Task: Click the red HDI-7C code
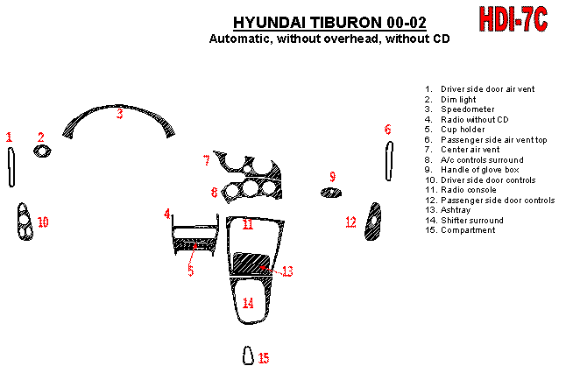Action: pos(513,19)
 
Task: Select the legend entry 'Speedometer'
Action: pos(467,109)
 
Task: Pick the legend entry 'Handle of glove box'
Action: pos(480,170)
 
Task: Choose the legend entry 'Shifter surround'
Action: pos(472,221)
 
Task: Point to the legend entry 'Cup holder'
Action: pos(463,130)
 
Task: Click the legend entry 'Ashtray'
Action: pos(456,210)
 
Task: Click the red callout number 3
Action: pos(120,114)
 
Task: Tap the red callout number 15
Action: pos(264,358)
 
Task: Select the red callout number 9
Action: pos(332,177)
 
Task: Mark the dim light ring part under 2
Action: pos(42,151)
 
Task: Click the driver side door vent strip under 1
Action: pos(11,167)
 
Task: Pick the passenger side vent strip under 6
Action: pos(389,161)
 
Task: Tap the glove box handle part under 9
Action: pos(331,193)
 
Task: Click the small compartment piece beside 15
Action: pos(248,355)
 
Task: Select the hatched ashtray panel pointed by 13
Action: pos(251,263)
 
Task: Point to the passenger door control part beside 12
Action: pos(372,222)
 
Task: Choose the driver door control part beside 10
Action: pos(25,222)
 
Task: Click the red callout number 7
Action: pos(207,160)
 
